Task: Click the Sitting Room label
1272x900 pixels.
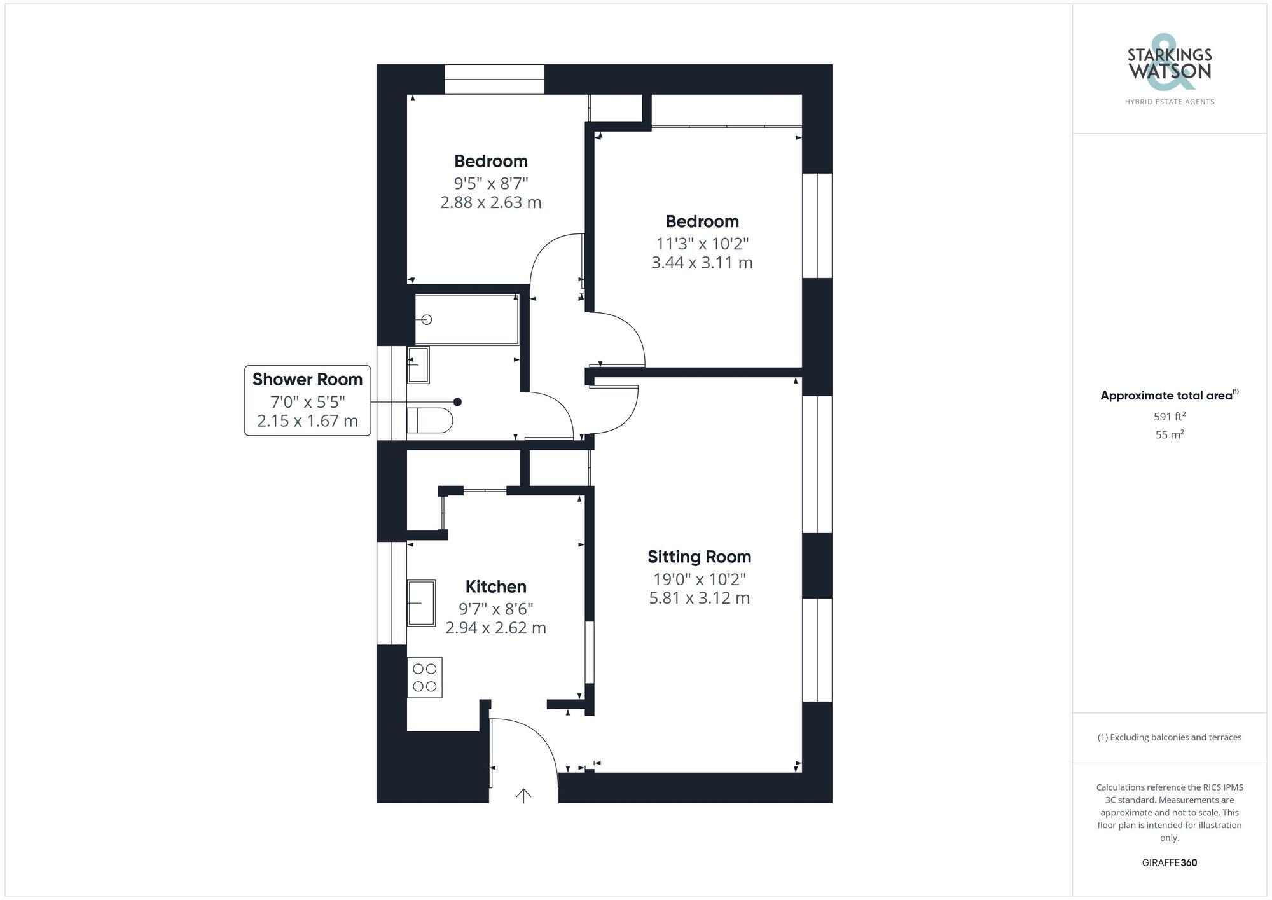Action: pos(699,557)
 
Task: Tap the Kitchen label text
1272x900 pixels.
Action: pos(495,586)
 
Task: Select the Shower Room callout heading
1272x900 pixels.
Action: pos(307,379)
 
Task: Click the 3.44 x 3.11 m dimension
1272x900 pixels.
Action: pos(702,262)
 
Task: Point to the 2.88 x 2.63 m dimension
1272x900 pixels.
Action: pos(490,202)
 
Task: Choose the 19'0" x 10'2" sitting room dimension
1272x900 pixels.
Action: pos(699,579)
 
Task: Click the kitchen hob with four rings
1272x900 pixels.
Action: pos(425,677)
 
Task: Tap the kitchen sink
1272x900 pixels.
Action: pos(421,602)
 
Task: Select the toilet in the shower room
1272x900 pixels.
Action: pos(429,420)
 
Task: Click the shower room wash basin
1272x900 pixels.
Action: pos(418,364)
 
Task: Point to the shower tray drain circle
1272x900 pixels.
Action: pos(427,319)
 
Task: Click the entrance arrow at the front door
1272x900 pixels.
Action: pos(523,795)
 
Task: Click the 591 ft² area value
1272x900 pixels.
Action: pos(1169,417)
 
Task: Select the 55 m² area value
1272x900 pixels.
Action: pos(1169,435)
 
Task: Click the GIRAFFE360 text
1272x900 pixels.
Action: pos(1169,862)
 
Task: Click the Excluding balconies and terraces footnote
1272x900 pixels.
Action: pos(1169,737)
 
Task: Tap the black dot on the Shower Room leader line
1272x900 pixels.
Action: pos(457,402)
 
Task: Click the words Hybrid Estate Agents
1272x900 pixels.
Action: pos(1169,102)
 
